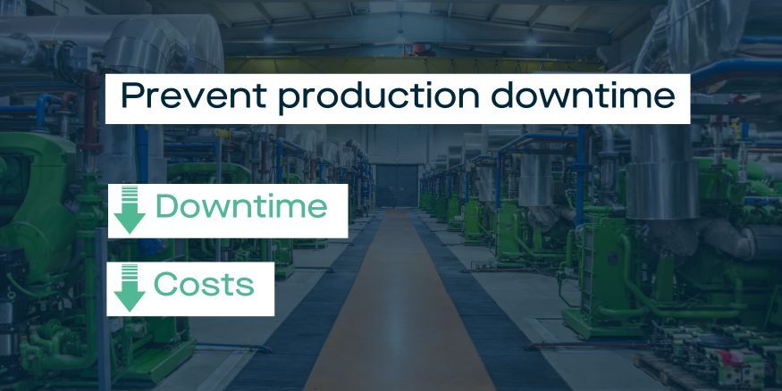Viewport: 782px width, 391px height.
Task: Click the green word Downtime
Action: coord(240,207)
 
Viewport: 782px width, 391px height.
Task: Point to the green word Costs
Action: coord(203,285)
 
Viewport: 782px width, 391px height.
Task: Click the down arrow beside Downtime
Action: coord(130,211)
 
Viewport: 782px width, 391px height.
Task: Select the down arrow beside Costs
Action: coord(130,287)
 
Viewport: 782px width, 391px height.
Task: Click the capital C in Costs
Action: coord(165,285)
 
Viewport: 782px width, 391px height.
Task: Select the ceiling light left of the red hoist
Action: coord(269,38)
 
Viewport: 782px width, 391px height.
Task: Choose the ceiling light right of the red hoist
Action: coord(530,38)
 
